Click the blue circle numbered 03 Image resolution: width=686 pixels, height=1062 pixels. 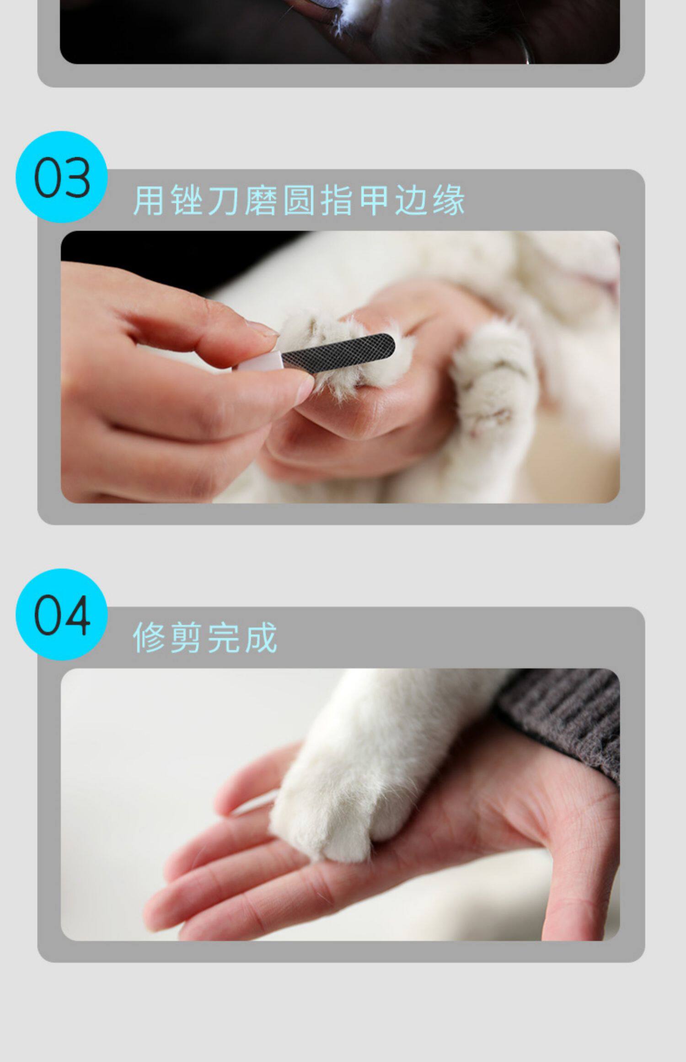[62, 177]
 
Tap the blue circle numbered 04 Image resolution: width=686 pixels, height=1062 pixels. [62, 614]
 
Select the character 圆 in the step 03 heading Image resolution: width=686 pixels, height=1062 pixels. [299, 200]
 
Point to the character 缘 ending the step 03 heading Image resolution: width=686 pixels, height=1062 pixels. [449, 200]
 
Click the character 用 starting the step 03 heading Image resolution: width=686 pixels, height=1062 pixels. [149, 200]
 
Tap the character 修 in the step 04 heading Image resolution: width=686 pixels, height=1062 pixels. [149, 638]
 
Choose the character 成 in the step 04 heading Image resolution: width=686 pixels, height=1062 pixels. [261, 638]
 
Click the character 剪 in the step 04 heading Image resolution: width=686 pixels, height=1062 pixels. [186, 638]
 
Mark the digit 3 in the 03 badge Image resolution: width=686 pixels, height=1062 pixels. [77, 177]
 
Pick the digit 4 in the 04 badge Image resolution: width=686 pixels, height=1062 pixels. [77, 615]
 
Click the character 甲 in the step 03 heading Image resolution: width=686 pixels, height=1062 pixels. [374, 200]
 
